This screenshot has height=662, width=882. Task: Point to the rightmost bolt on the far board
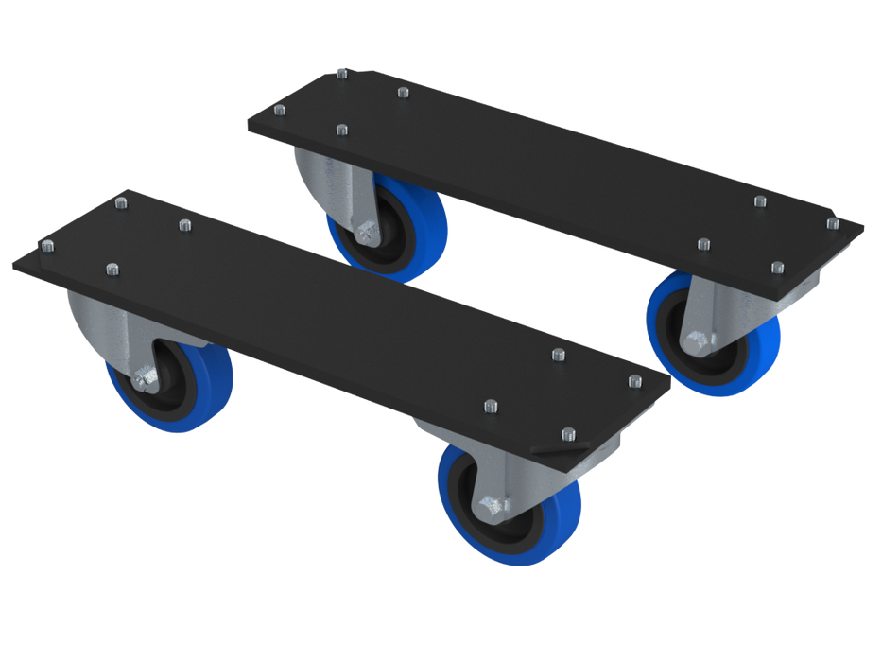(832, 223)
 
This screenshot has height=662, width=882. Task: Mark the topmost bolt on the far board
(342, 71)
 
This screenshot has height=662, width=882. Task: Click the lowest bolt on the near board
(567, 434)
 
